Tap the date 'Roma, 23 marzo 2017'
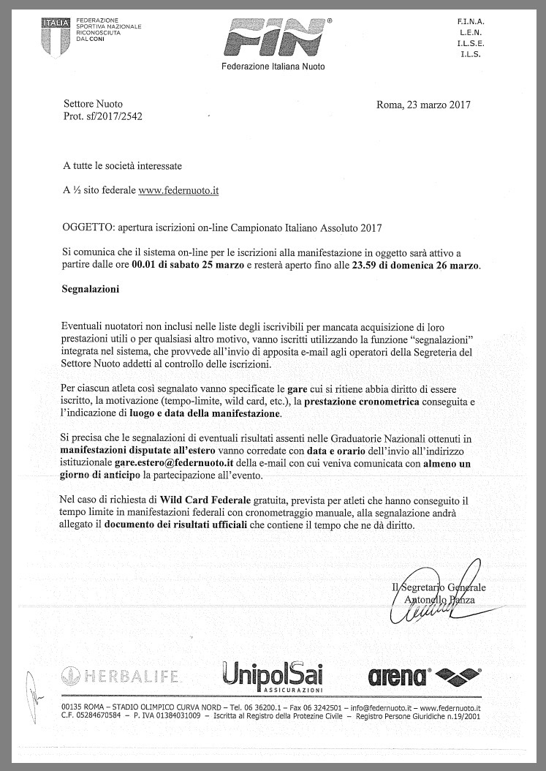423,105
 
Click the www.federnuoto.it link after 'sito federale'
178,190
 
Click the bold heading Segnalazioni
91,289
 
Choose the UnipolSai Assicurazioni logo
272,675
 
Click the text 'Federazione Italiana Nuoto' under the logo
273,67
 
